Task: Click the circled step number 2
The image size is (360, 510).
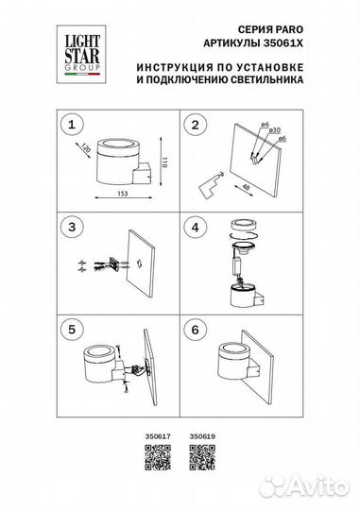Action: pos(197,124)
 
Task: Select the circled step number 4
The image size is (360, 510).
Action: pos(197,228)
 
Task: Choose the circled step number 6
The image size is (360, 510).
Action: pos(197,331)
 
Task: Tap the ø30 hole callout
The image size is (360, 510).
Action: pos(278,140)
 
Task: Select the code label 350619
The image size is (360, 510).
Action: pos(202,436)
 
